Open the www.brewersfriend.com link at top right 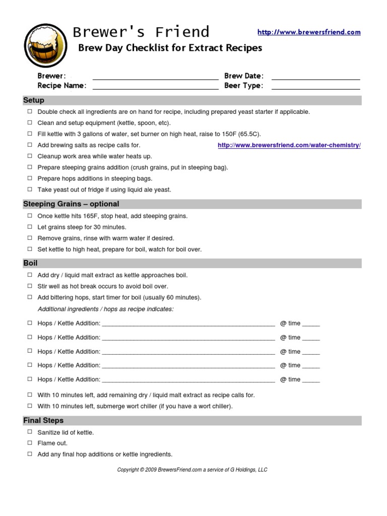tap(309, 32)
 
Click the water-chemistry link tap(289, 145)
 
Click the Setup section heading tap(34, 100)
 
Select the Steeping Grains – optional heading tap(71, 204)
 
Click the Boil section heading tap(30, 263)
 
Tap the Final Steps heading tap(43, 420)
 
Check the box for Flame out tap(30, 443)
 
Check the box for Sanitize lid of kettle tap(30, 432)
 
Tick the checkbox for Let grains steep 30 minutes tap(30, 227)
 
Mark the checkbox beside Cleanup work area tap(30, 156)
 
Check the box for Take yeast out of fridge tap(30, 189)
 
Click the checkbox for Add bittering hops tap(30, 297)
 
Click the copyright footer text tap(192, 470)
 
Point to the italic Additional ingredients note tap(105, 309)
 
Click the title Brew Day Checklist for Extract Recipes tap(169, 48)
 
